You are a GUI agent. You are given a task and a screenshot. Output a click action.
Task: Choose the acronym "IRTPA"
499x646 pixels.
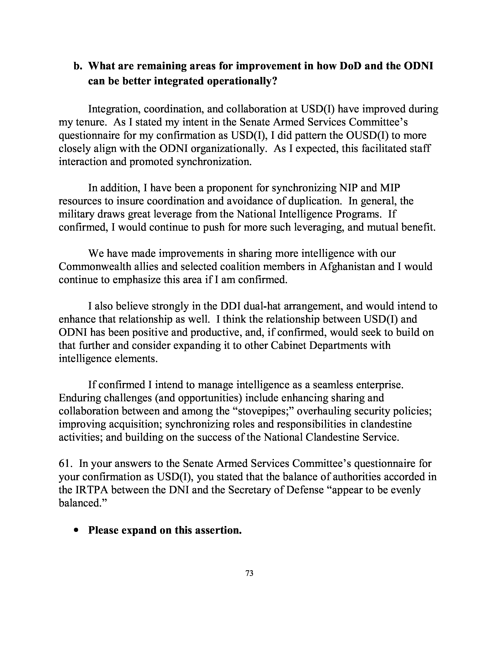click(92, 490)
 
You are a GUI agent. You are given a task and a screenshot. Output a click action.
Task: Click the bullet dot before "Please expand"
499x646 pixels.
click(77, 530)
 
